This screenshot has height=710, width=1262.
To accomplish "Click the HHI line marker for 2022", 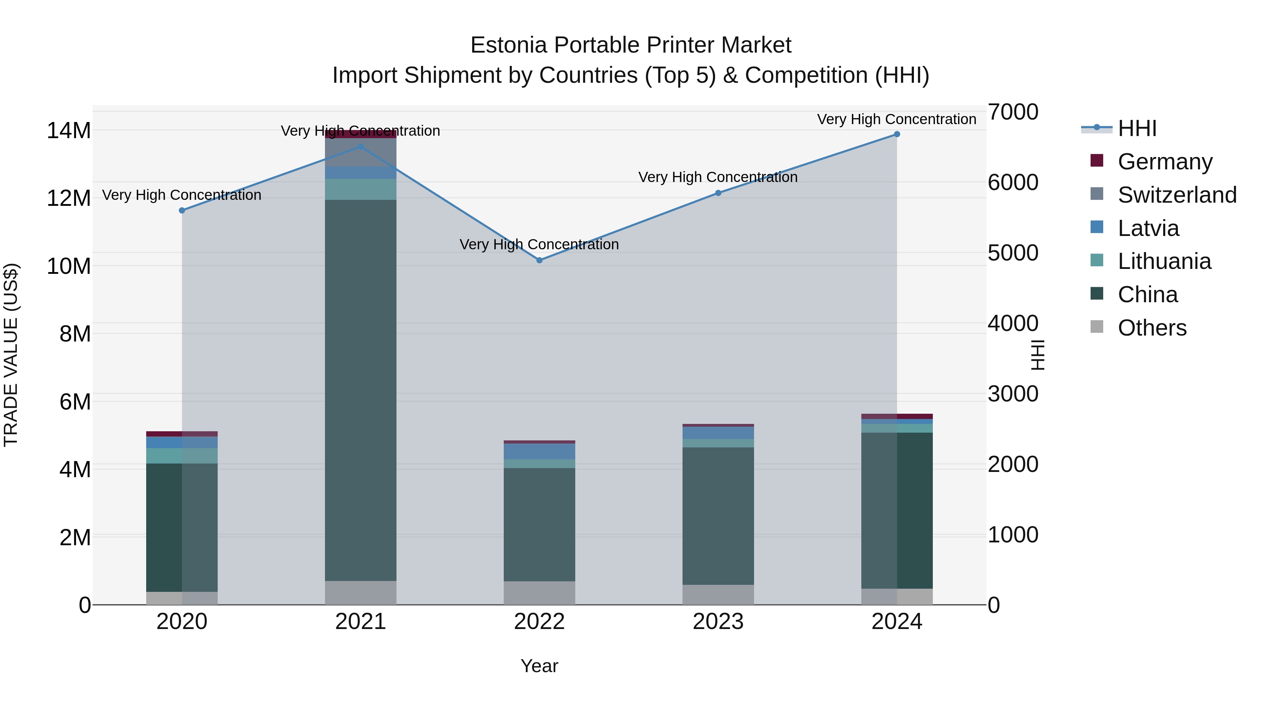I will coord(540,260).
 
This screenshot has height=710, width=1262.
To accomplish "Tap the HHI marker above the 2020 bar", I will coord(182,210).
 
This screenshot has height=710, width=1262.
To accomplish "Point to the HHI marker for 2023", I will coord(718,193).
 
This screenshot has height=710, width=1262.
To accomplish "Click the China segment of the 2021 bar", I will coord(361,390).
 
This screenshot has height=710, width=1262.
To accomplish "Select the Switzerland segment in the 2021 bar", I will coord(361,153).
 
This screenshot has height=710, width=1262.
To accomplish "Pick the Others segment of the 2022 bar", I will coord(540,593).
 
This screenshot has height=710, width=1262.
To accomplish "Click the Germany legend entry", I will coord(1165,162).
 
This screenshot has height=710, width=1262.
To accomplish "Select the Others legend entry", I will coord(1152,328).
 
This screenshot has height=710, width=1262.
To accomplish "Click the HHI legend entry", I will coord(1137,128).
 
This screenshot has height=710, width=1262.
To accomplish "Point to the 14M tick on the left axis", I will coord(69,131).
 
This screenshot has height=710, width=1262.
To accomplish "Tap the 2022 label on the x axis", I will coord(540,622).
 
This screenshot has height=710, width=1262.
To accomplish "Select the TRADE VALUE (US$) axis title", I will coord(11,355).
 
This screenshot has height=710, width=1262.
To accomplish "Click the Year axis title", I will coord(540,666).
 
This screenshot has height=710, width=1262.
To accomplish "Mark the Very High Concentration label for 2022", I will coord(540,244).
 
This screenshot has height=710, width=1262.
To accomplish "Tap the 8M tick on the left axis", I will coord(75,334).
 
